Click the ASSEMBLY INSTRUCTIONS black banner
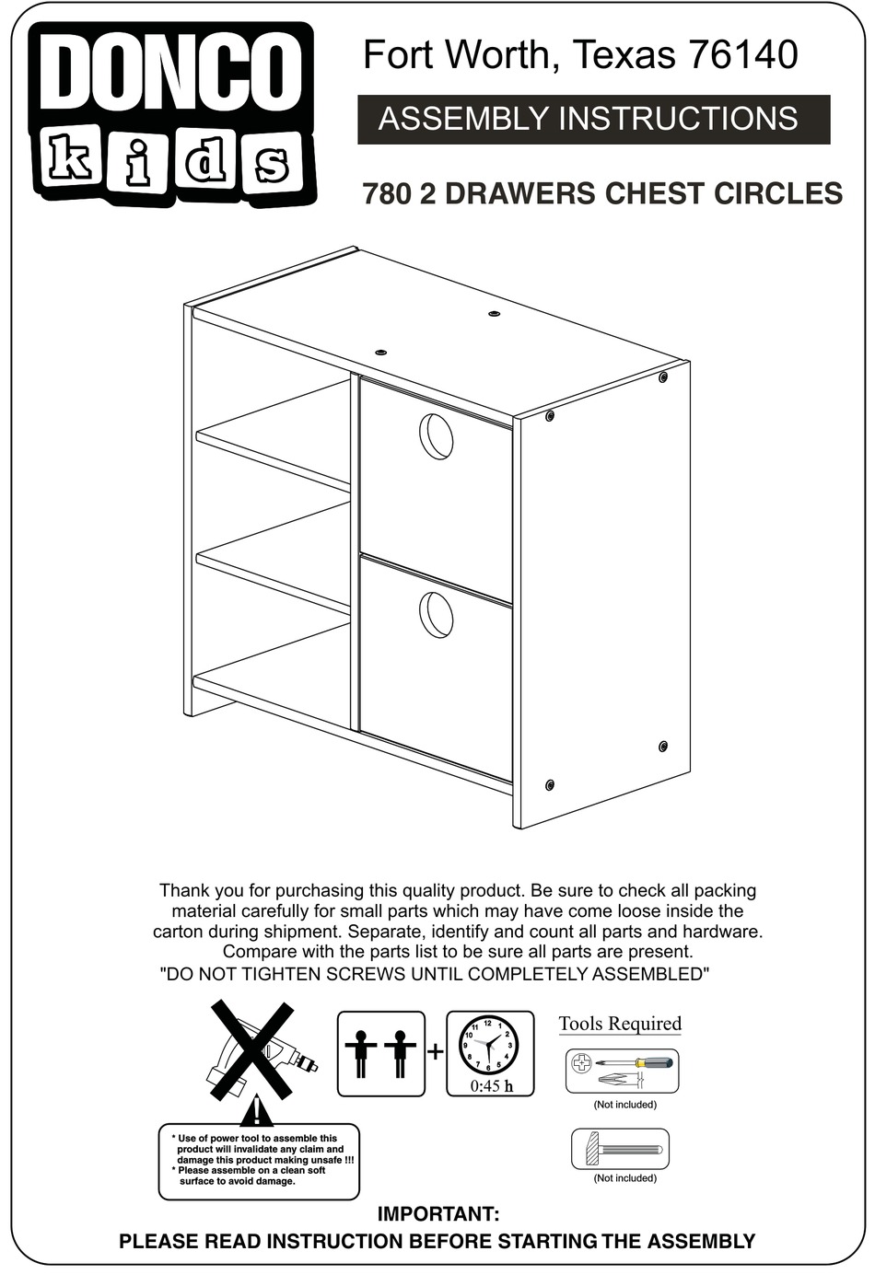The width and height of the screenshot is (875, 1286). coord(593,120)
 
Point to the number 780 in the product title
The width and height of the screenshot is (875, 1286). coord(386,194)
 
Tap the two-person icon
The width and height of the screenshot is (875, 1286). coord(380,1053)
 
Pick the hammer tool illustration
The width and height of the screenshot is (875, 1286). coord(619,1150)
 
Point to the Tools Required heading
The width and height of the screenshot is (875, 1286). coord(620,1024)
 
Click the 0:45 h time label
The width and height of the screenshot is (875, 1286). coord(490,1086)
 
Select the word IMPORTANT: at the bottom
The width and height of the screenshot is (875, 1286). coord(438,1214)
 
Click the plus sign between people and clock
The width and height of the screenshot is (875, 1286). coord(435,1052)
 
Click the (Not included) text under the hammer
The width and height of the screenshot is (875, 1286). coord(624,1178)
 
